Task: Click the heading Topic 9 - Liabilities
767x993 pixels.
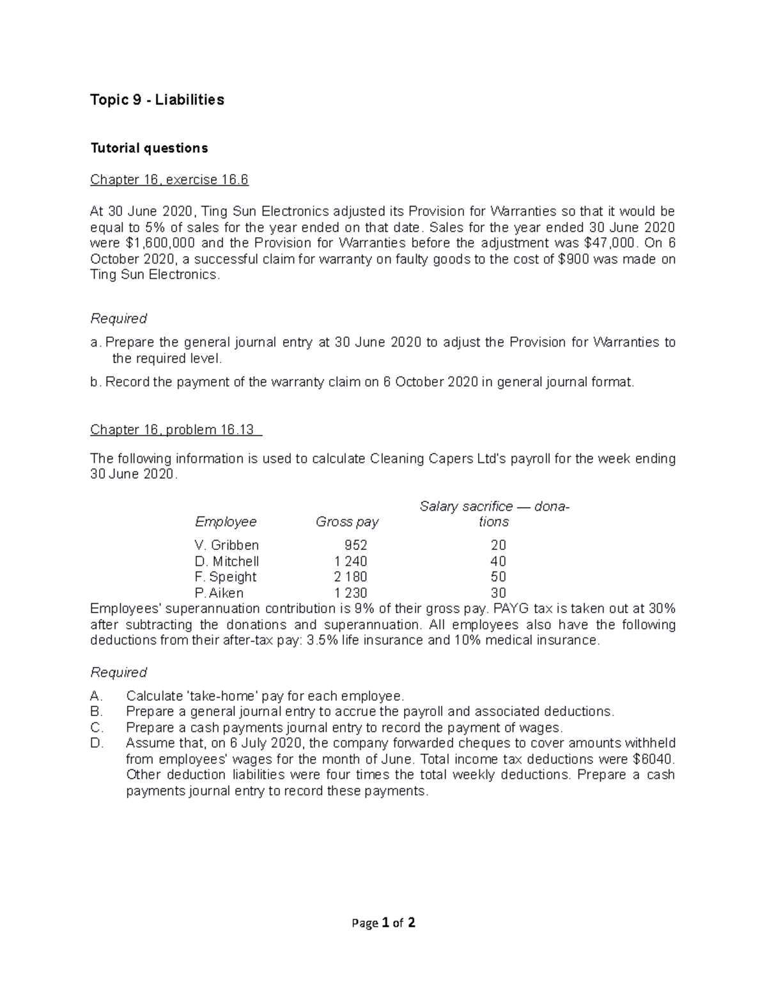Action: [x=157, y=100]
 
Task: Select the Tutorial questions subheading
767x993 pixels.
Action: [x=149, y=148]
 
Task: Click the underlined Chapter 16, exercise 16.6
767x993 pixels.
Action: [x=169, y=180]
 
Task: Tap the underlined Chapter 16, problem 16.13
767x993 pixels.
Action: [x=176, y=430]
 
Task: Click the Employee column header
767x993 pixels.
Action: [x=226, y=522]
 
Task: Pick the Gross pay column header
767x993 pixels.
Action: [x=347, y=522]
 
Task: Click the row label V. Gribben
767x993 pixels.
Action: [x=227, y=545]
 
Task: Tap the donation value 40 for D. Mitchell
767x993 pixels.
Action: [x=498, y=561]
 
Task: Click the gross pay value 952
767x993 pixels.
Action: [x=355, y=545]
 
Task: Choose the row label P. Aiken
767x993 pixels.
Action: [x=219, y=593]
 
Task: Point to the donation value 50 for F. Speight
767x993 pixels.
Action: [x=498, y=577]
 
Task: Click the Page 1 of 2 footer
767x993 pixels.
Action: [x=383, y=923]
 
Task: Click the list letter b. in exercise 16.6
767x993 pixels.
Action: [x=96, y=382]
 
